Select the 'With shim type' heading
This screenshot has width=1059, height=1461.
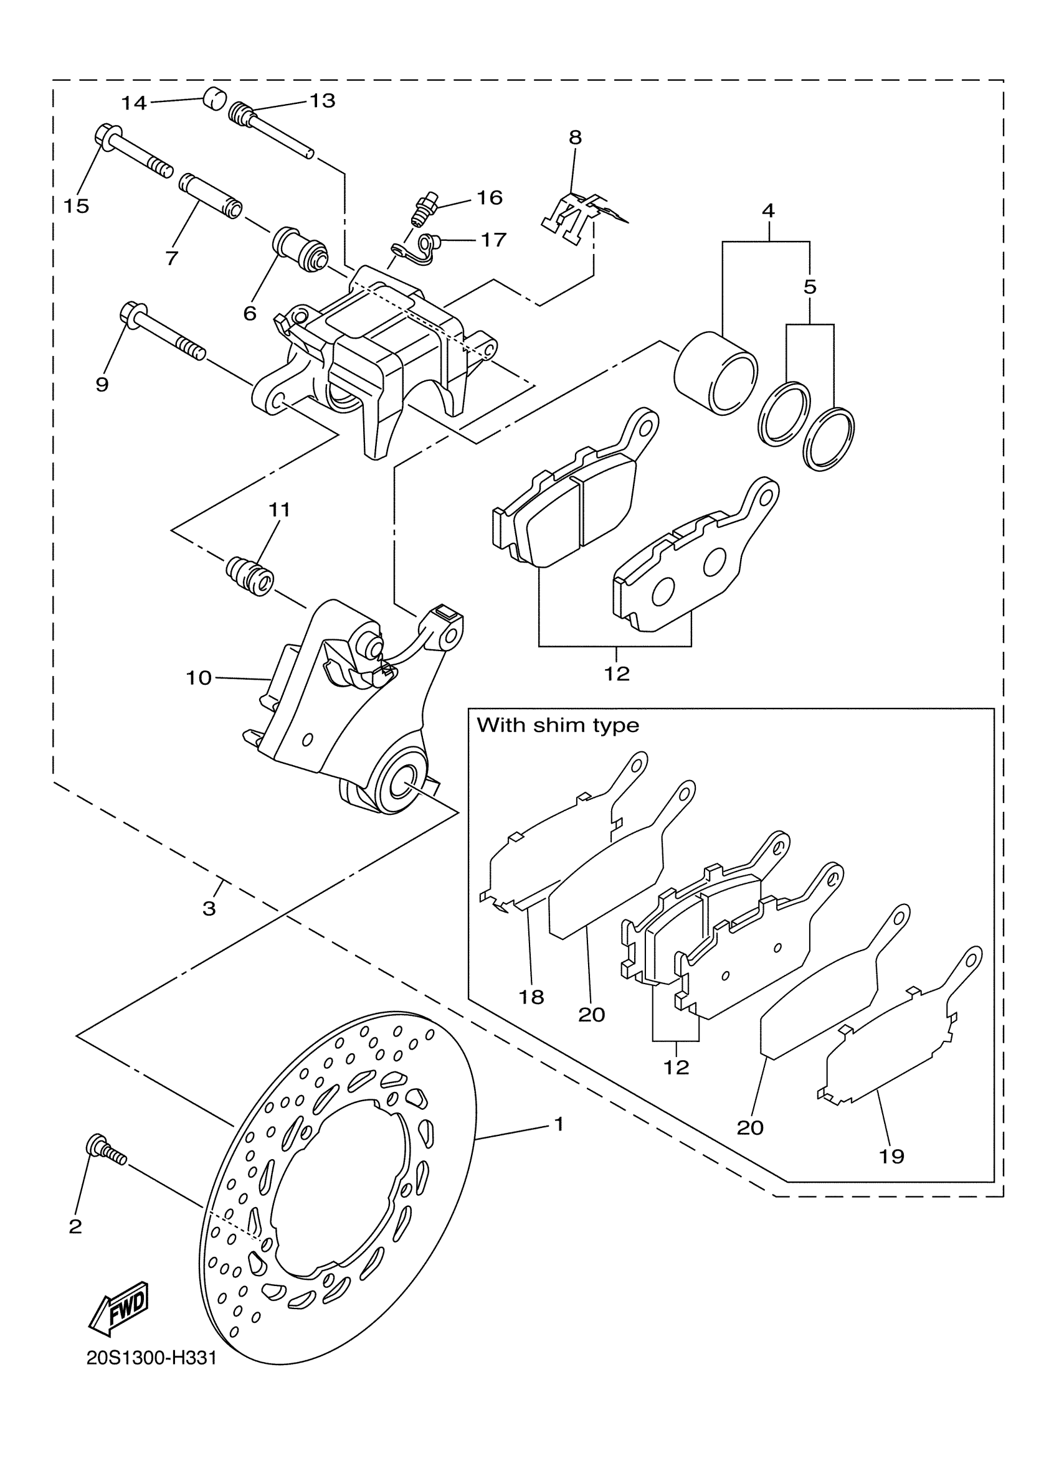[x=558, y=725]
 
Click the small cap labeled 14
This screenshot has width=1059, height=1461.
[x=214, y=99]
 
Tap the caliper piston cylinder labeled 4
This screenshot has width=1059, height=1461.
[x=716, y=373]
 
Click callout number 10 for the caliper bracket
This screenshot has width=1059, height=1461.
[x=199, y=678]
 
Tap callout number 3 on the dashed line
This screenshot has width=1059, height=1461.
[x=209, y=909]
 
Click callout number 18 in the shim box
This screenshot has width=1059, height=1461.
[x=531, y=997]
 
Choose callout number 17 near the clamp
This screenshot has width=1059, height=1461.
[x=494, y=240]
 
